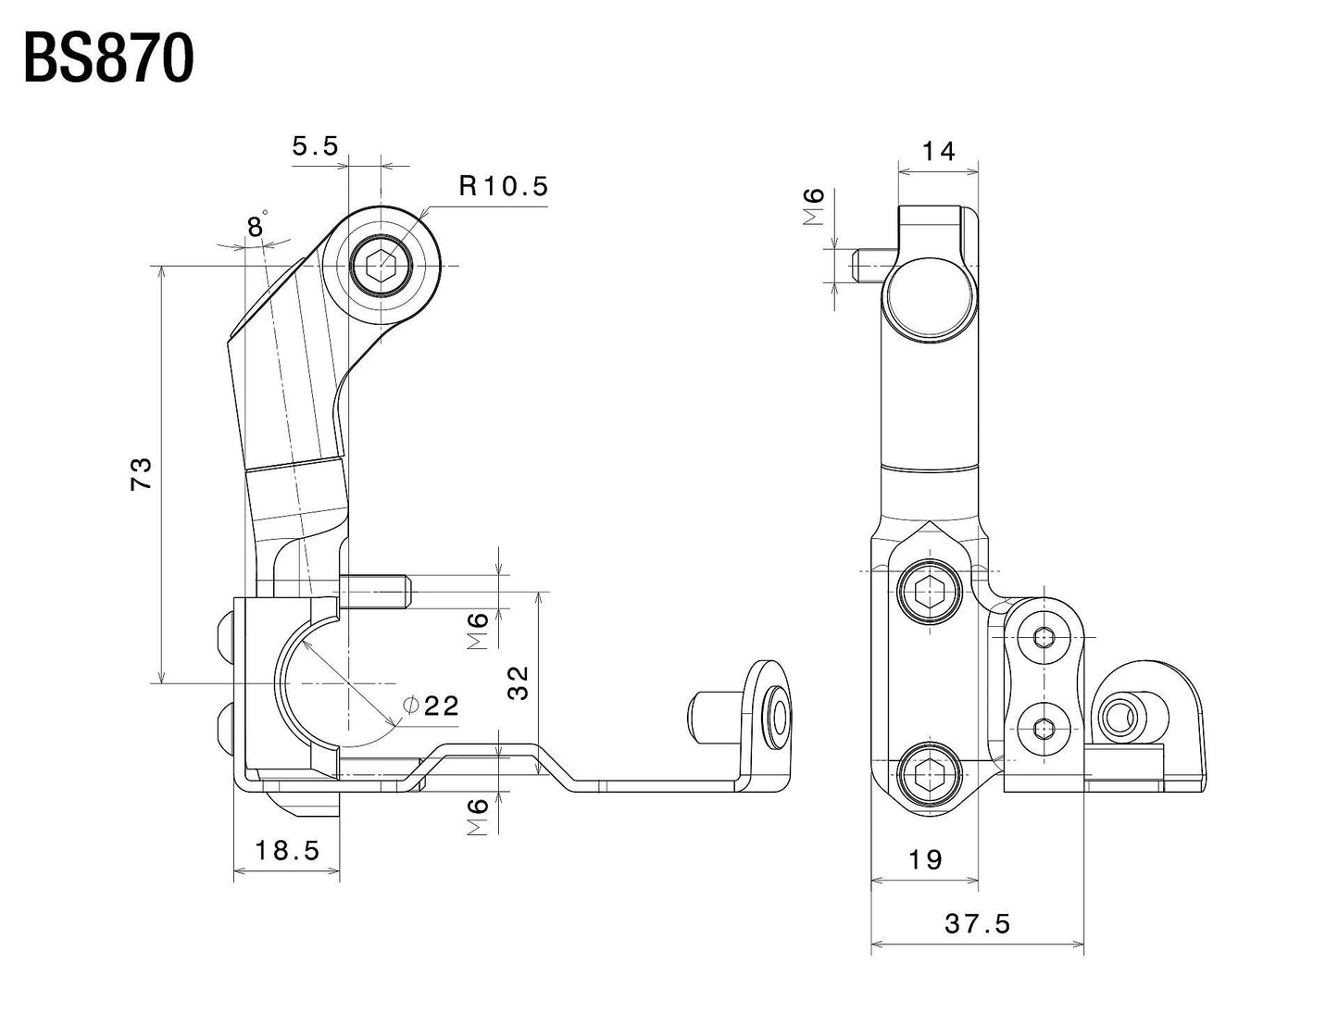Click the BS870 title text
(109, 61)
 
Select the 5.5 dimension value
(316, 145)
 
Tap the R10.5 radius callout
(504, 186)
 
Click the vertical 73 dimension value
(140, 473)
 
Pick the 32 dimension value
(519, 682)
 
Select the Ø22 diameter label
(432, 706)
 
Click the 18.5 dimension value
(287, 850)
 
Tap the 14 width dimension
(939, 150)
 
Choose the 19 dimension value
(925, 860)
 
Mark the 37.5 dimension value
(977, 923)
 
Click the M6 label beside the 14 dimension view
(814, 206)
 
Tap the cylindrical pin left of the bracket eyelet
(710, 716)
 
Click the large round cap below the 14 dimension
(930, 299)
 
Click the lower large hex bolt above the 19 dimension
(929, 772)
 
